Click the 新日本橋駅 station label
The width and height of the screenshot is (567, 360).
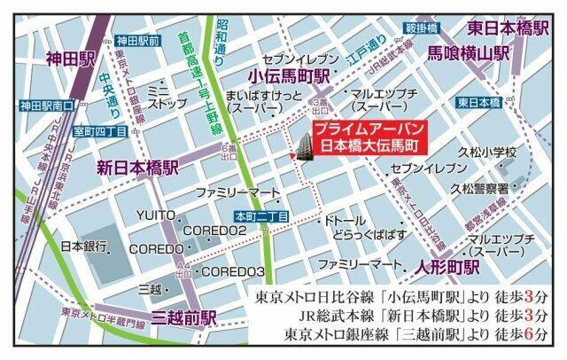(x=137, y=167)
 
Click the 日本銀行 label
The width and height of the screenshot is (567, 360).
(x=83, y=245)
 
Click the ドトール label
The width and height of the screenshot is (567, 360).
(x=345, y=218)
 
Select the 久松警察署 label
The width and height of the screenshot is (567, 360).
(x=479, y=189)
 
